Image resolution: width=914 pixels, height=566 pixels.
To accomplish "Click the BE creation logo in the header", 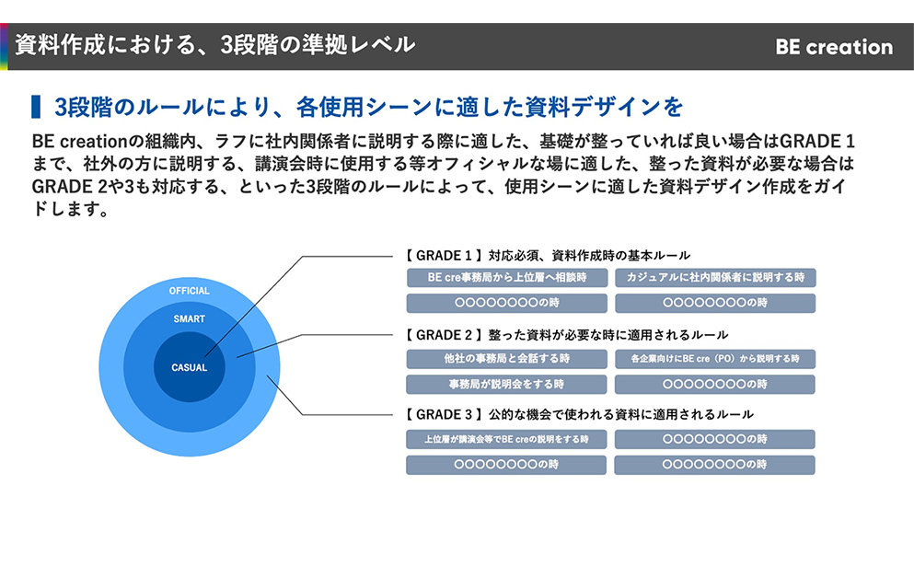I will [834, 47].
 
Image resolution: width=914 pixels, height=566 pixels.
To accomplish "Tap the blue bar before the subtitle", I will [36, 107].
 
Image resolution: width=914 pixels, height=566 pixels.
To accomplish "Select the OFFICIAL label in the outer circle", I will [189, 291].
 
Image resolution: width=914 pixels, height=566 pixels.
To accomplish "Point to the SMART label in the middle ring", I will [189, 318].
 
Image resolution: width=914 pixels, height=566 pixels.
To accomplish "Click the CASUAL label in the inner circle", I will [189, 368].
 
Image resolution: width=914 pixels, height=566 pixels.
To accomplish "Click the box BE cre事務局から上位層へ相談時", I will [506, 277].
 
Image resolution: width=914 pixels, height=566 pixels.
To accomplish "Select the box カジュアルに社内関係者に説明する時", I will [715, 277].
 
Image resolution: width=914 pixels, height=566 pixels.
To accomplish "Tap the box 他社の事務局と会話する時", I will [506, 358].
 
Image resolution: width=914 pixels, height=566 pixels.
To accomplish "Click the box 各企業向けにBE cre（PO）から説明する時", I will [715, 358].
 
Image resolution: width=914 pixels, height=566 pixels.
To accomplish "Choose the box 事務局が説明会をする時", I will [506, 384].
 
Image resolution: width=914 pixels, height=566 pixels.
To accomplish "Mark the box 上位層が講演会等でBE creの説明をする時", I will [506, 439].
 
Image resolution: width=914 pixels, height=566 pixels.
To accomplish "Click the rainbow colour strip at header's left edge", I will [4, 46].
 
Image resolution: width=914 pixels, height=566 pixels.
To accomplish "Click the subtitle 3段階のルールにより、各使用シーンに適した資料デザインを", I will [369, 107].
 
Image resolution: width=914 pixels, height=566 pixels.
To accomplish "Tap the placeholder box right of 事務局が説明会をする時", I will [715, 384].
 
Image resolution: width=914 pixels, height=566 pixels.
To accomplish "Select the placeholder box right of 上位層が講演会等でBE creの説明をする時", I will [715, 439].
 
